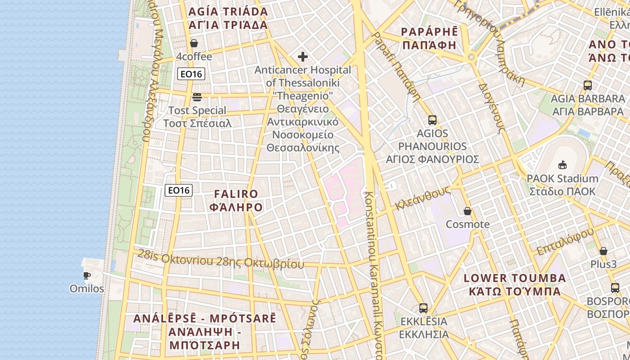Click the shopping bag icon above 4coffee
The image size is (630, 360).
point(194,43)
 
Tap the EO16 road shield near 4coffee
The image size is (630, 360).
point(191,74)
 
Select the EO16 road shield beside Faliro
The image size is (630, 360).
point(179,190)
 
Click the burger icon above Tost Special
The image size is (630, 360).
point(197,97)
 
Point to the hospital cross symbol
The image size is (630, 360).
point(303,57)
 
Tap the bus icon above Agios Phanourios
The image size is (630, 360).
point(432,120)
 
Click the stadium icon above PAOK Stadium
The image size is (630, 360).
point(562,165)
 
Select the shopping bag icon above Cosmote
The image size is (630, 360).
point(468,211)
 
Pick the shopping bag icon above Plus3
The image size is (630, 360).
point(603,251)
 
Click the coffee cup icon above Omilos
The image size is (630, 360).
point(87,275)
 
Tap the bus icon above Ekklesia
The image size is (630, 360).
point(423,308)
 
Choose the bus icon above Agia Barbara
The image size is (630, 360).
point(587,85)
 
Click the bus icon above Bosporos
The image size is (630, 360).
point(615,288)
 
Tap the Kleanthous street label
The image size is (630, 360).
point(423,198)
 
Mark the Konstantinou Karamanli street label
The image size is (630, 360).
point(373,270)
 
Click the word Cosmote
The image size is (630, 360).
point(468,224)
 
